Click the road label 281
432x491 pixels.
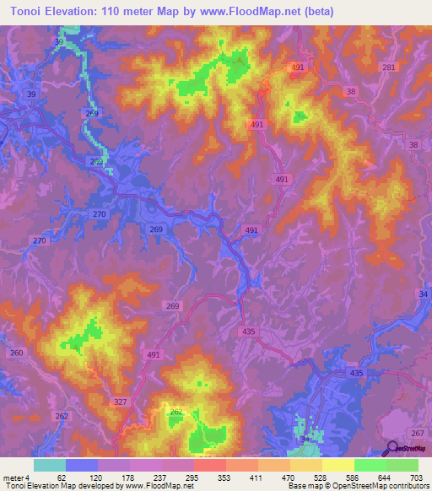click(388, 67)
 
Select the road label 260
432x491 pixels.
click(17, 352)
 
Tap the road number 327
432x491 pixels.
click(120, 402)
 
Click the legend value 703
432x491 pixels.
click(418, 477)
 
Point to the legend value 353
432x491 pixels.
click(208, 477)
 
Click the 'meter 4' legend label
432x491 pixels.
click(16, 477)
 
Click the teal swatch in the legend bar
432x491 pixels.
click(49, 465)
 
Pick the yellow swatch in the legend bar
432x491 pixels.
click(337, 465)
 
